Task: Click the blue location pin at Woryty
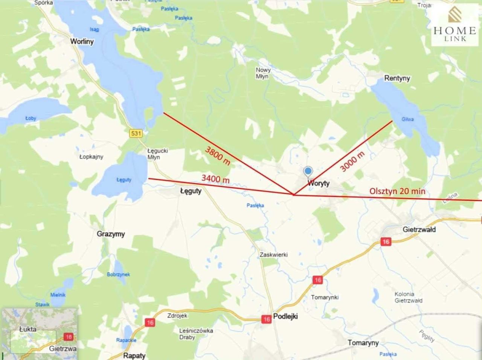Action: click(x=308, y=172)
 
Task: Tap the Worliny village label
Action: click(x=82, y=41)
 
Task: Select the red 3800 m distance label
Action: click(x=218, y=156)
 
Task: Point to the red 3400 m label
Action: click(x=215, y=178)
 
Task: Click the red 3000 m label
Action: click(x=352, y=162)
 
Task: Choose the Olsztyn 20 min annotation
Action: click(x=397, y=191)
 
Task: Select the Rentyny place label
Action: click(x=397, y=78)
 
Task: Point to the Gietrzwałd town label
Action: click(x=419, y=229)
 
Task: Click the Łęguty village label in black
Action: click(x=191, y=191)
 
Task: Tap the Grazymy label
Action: click(x=111, y=234)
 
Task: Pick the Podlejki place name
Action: click(x=285, y=316)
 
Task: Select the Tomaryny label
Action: click(x=363, y=343)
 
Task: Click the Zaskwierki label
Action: click(x=274, y=255)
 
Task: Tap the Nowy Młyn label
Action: click(x=263, y=73)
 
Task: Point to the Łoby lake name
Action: click(x=31, y=118)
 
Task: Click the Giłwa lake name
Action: click(x=407, y=119)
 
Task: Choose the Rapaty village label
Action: click(x=134, y=355)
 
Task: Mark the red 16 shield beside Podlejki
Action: click(x=267, y=319)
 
